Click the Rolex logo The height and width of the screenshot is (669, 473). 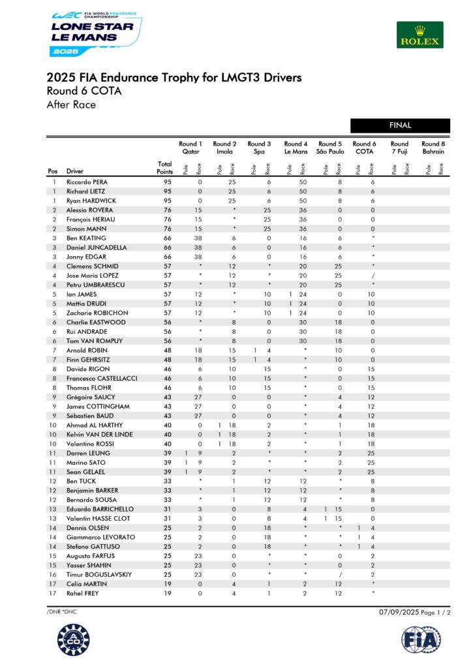[420, 35]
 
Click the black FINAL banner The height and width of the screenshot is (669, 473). [400, 125]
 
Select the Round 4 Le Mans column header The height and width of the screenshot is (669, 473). [296, 148]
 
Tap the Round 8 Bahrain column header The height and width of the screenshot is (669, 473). [433, 148]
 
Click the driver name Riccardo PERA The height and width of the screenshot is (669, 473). [88, 182]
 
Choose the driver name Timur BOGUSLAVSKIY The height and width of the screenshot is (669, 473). [99, 574]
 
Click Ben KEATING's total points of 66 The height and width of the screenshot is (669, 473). [167, 238]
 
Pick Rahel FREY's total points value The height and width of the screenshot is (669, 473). [167, 593]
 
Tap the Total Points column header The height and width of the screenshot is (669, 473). [165, 168]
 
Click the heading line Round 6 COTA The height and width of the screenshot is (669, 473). [84, 91]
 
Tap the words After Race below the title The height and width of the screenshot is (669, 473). [71, 105]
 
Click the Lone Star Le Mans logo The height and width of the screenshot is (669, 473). [95, 33]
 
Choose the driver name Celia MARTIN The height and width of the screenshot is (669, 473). [85, 584]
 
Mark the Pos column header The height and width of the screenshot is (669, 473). [53, 172]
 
